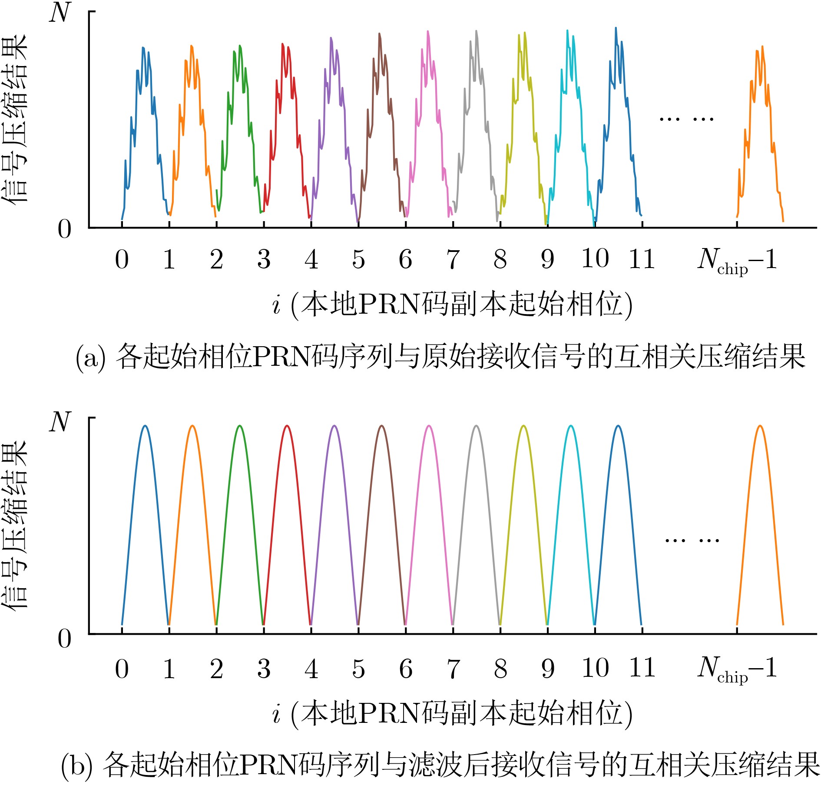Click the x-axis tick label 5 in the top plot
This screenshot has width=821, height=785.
(358, 259)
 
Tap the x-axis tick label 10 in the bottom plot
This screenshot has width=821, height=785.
(595, 669)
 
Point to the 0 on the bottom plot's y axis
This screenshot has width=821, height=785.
(64, 639)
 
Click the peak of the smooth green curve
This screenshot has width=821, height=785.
(239, 426)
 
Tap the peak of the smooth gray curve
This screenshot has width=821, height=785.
(477, 426)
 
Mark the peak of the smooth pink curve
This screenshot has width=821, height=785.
(429, 426)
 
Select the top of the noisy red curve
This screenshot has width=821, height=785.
(282, 44)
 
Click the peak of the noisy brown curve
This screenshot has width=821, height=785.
(379, 34)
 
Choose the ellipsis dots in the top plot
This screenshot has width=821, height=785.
(686, 119)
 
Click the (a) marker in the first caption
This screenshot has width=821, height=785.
(90, 358)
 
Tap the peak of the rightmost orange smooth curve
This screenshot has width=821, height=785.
(760, 426)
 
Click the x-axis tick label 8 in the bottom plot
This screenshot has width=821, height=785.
(500, 669)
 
